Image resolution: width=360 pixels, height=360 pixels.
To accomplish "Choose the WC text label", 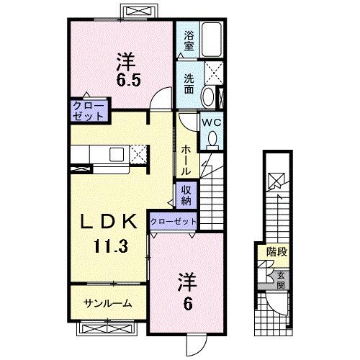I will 212,122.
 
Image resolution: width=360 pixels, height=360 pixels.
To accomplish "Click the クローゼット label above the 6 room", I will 173,220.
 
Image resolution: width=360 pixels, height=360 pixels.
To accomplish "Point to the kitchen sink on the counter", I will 114,155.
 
